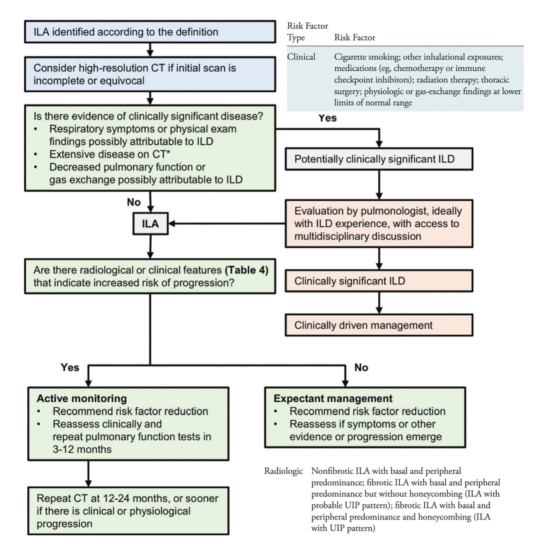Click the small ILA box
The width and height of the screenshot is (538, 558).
point(150,223)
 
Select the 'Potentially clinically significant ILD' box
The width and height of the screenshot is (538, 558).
point(379,159)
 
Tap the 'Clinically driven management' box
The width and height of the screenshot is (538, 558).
point(379,325)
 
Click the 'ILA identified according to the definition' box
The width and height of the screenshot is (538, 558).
point(150,32)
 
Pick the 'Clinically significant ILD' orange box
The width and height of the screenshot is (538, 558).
point(379,281)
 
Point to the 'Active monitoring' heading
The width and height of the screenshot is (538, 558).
point(82,398)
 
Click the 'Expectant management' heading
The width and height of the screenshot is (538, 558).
point(333,398)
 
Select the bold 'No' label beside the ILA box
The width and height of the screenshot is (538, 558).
point(134,202)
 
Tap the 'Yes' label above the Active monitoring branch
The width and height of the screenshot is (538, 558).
point(70,367)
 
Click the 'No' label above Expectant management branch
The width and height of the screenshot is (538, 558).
point(361,367)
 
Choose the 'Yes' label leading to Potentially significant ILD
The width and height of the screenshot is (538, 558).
point(327,118)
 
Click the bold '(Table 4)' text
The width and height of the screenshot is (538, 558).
point(246,270)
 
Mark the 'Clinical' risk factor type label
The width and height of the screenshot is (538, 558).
point(301,57)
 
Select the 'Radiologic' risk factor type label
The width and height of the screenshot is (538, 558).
point(283,471)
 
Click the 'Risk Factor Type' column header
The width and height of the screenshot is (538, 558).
point(307,32)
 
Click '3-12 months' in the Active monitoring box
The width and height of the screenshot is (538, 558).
point(82,449)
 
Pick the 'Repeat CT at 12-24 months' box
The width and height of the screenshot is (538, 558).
point(128,511)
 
